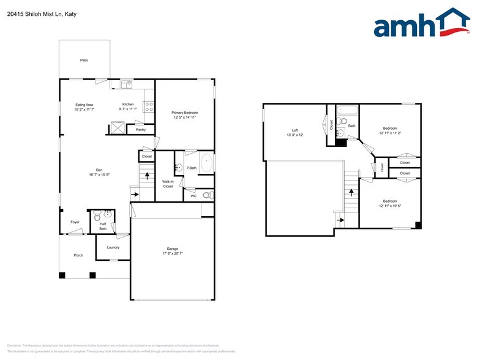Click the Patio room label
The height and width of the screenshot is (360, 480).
pyautogui.click(x=84, y=61)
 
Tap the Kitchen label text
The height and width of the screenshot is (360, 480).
pyautogui.click(x=127, y=104)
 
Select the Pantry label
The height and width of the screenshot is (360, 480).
pyautogui.click(x=140, y=130)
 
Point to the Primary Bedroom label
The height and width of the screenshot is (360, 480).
pyautogui.click(x=184, y=113)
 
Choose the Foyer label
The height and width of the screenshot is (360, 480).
pyautogui.click(x=75, y=222)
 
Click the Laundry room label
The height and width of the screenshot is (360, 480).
pyautogui.click(x=113, y=247)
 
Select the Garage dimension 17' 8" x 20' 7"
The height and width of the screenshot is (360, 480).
pyautogui.click(x=172, y=253)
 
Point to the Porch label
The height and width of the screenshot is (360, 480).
pyautogui.click(x=78, y=255)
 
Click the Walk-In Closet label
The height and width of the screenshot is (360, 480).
pyautogui.click(x=168, y=184)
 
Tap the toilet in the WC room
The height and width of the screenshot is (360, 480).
pyautogui.click(x=208, y=195)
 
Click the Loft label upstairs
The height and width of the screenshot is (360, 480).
pyautogui.click(x=294, y=130)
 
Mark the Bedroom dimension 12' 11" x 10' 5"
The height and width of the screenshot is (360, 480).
pyautogui.click(x=390, y=206)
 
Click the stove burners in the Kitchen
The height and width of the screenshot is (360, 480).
pyautogui.click(x=148, y=107)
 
